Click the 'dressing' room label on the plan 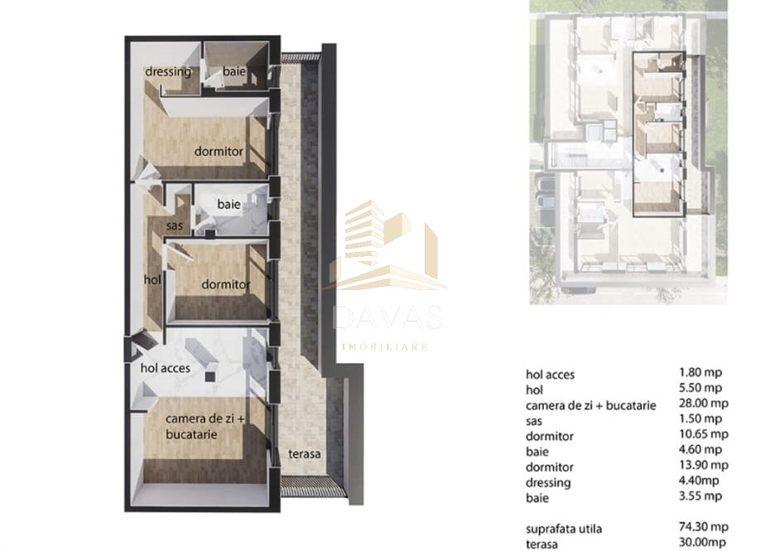(x=168, y=72)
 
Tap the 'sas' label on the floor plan (x=174, y=225)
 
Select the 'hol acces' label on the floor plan (x=166, y=368)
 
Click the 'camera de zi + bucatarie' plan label (x=204, y=427)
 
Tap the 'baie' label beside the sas (x=229, y=204)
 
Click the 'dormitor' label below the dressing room (x=219, y=152)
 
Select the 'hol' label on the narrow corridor (x=152, y=280)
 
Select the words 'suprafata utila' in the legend (x=565, y=528)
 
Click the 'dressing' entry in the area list (x=548, y=482)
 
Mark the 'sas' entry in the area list (x=535, y=420)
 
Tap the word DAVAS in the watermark (x=387, y=317)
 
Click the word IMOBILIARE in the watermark (x=387, y=346)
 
